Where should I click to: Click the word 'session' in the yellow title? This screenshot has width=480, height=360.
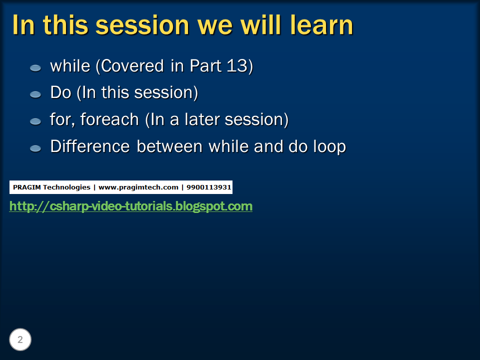coord(142,25)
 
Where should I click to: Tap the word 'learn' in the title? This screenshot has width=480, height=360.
coord(321,25)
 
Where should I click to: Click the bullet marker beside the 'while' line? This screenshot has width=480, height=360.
coord(35,68)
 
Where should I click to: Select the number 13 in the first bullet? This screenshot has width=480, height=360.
coord(237,65)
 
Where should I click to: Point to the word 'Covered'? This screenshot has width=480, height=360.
coord(132,66)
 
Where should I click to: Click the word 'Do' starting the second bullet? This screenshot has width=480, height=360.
coord(60,92)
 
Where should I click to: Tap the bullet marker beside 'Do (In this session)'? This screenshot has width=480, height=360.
coord(35,94)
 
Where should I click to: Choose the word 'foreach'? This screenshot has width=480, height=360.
coord(109,119)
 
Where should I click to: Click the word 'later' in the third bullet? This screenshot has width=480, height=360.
coord(201,119)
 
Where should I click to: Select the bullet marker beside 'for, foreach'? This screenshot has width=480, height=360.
coord(35,121)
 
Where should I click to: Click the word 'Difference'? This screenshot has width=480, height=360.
coord(90,146)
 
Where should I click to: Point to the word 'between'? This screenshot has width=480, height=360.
coord(169,146)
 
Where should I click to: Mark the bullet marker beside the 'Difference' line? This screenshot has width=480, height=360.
coord(35,148)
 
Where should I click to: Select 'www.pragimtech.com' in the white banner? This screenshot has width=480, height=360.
coord(138,187)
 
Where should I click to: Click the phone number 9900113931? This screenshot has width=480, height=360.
coord(209,187)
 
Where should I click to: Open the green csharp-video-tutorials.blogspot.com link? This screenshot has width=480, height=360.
coord(130,206)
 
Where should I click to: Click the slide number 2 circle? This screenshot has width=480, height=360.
coord(20,339)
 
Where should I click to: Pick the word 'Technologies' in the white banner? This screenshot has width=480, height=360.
coord(66,187)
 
